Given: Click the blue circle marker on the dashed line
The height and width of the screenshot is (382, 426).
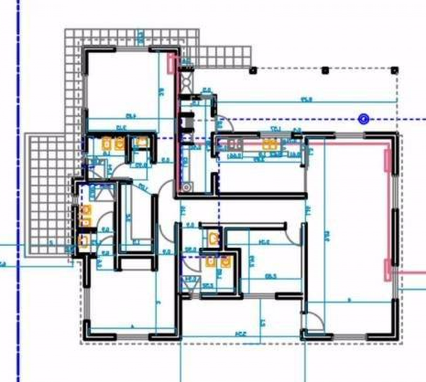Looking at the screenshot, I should (364, 120).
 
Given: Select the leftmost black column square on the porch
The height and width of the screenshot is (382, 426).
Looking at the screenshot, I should (253, 70).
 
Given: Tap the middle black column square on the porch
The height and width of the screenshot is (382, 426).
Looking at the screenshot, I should (325, 70).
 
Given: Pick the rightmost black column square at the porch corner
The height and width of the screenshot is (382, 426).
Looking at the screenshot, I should (395, 70).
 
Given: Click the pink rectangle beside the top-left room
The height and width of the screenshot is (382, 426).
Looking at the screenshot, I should (171, 63).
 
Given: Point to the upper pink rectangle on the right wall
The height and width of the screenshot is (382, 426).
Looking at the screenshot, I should (388, 161).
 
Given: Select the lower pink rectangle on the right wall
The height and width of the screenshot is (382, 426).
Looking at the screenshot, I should (388, 269).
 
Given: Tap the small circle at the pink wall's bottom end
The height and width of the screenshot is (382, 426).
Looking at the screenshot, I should (186, 187).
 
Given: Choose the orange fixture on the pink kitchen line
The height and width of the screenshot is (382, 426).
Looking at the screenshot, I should (270, 144).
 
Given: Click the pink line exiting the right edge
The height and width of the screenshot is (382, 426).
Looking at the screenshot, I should (411, 273).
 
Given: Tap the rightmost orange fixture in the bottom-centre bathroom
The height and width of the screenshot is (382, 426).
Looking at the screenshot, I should (226, 262).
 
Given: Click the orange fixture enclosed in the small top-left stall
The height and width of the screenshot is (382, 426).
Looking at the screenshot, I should (142, 142).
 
